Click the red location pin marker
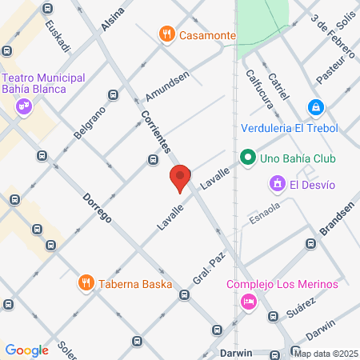coord(180,178)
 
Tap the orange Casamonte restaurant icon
coord(166,34)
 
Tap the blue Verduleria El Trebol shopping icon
coord(317,106)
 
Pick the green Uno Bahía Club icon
coord(248,158)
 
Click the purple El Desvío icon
coord(278,185)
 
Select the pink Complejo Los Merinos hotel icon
coord(248,302)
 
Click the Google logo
coord(26,350)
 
